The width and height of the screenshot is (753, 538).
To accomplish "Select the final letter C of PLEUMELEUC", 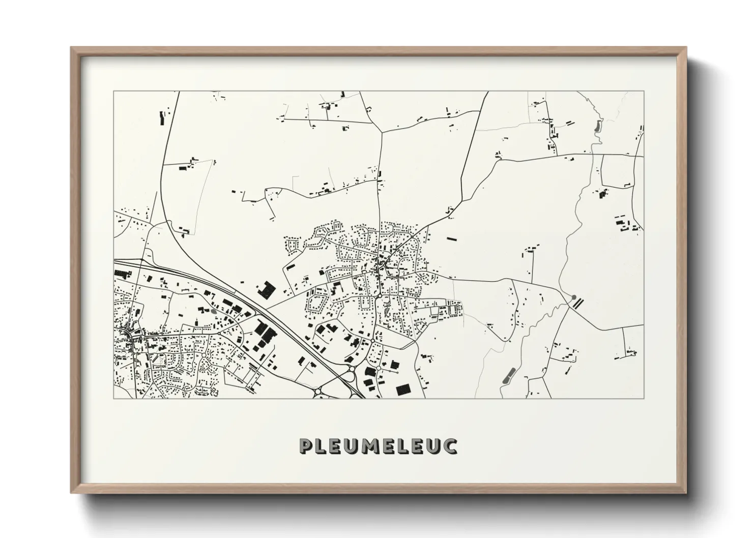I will [x=450, y=445].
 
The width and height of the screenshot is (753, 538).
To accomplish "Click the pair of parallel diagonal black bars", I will [x=578, y=303].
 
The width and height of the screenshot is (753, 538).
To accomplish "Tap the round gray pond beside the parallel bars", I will [x=573, y=297].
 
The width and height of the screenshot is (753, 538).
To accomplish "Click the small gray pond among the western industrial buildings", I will [x=214, y=312].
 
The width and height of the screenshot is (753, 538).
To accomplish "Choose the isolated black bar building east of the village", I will [x=452, y=238].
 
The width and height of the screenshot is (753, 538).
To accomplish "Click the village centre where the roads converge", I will [x=381, y=265].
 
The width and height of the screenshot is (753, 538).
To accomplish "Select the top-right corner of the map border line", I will [x=644, y=92].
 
